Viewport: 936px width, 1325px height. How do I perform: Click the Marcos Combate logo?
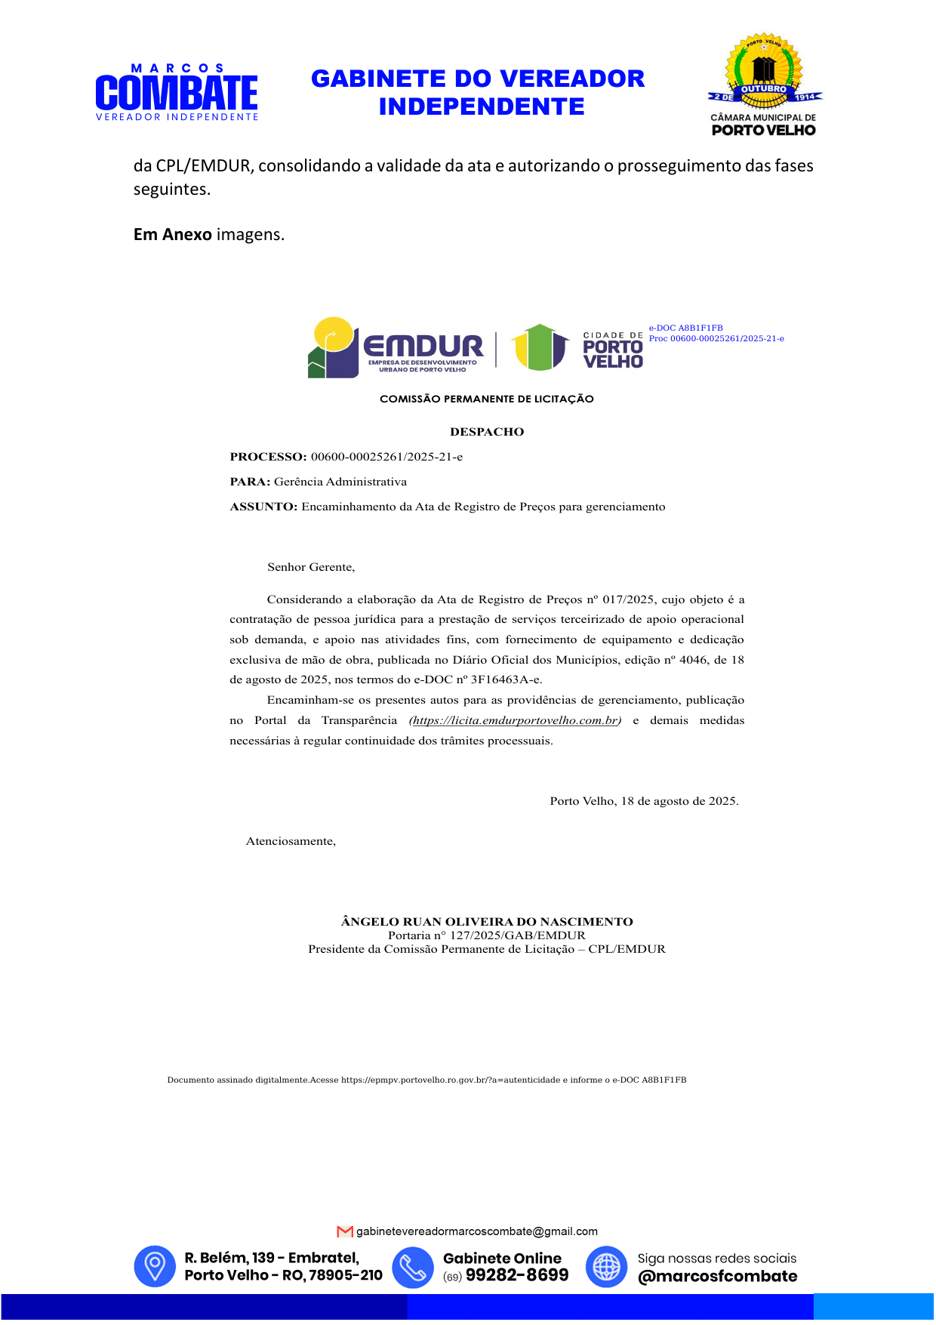[177, 92]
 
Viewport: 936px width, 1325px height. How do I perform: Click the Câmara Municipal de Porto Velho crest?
[764, 85]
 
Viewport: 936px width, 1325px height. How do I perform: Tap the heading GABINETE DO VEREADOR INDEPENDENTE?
[478, 93]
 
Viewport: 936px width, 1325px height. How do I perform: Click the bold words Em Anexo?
[173, 235]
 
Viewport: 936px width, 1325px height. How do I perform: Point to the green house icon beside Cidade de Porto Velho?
[540, 347]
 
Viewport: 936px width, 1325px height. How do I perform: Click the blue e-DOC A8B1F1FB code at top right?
[685, 328]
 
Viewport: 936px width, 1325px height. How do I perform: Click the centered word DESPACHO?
[487, 432]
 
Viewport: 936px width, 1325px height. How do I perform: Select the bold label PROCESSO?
[268, 457]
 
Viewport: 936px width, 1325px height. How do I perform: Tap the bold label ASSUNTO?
[263, 507]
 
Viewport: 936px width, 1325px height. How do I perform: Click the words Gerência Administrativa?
[340, 482]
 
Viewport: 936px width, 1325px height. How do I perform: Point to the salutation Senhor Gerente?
[311, 567]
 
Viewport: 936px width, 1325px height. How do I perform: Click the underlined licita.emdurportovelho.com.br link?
[515, 720]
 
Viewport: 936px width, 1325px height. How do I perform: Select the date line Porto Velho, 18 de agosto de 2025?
[644, 801]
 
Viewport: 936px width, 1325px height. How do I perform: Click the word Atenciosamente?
[291, 841]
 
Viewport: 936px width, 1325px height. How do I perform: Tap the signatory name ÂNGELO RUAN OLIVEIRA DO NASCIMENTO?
[487, 922]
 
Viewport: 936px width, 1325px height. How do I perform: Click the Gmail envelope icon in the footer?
[345, 1231]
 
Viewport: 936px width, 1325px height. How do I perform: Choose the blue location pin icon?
[155, 1266]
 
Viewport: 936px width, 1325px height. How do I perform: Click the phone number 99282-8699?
[517, 1275]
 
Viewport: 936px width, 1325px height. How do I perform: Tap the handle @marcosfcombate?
[717, 1276]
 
